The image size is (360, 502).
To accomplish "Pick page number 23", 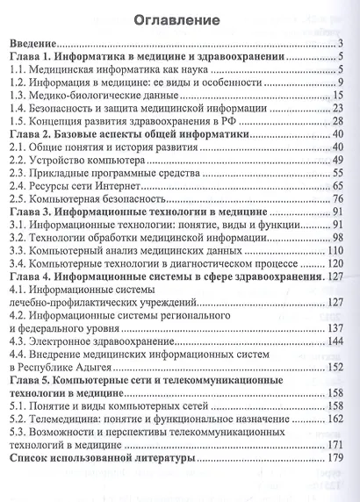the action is (x=336, y=107).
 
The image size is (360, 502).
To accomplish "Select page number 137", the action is (x=334, y=326).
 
